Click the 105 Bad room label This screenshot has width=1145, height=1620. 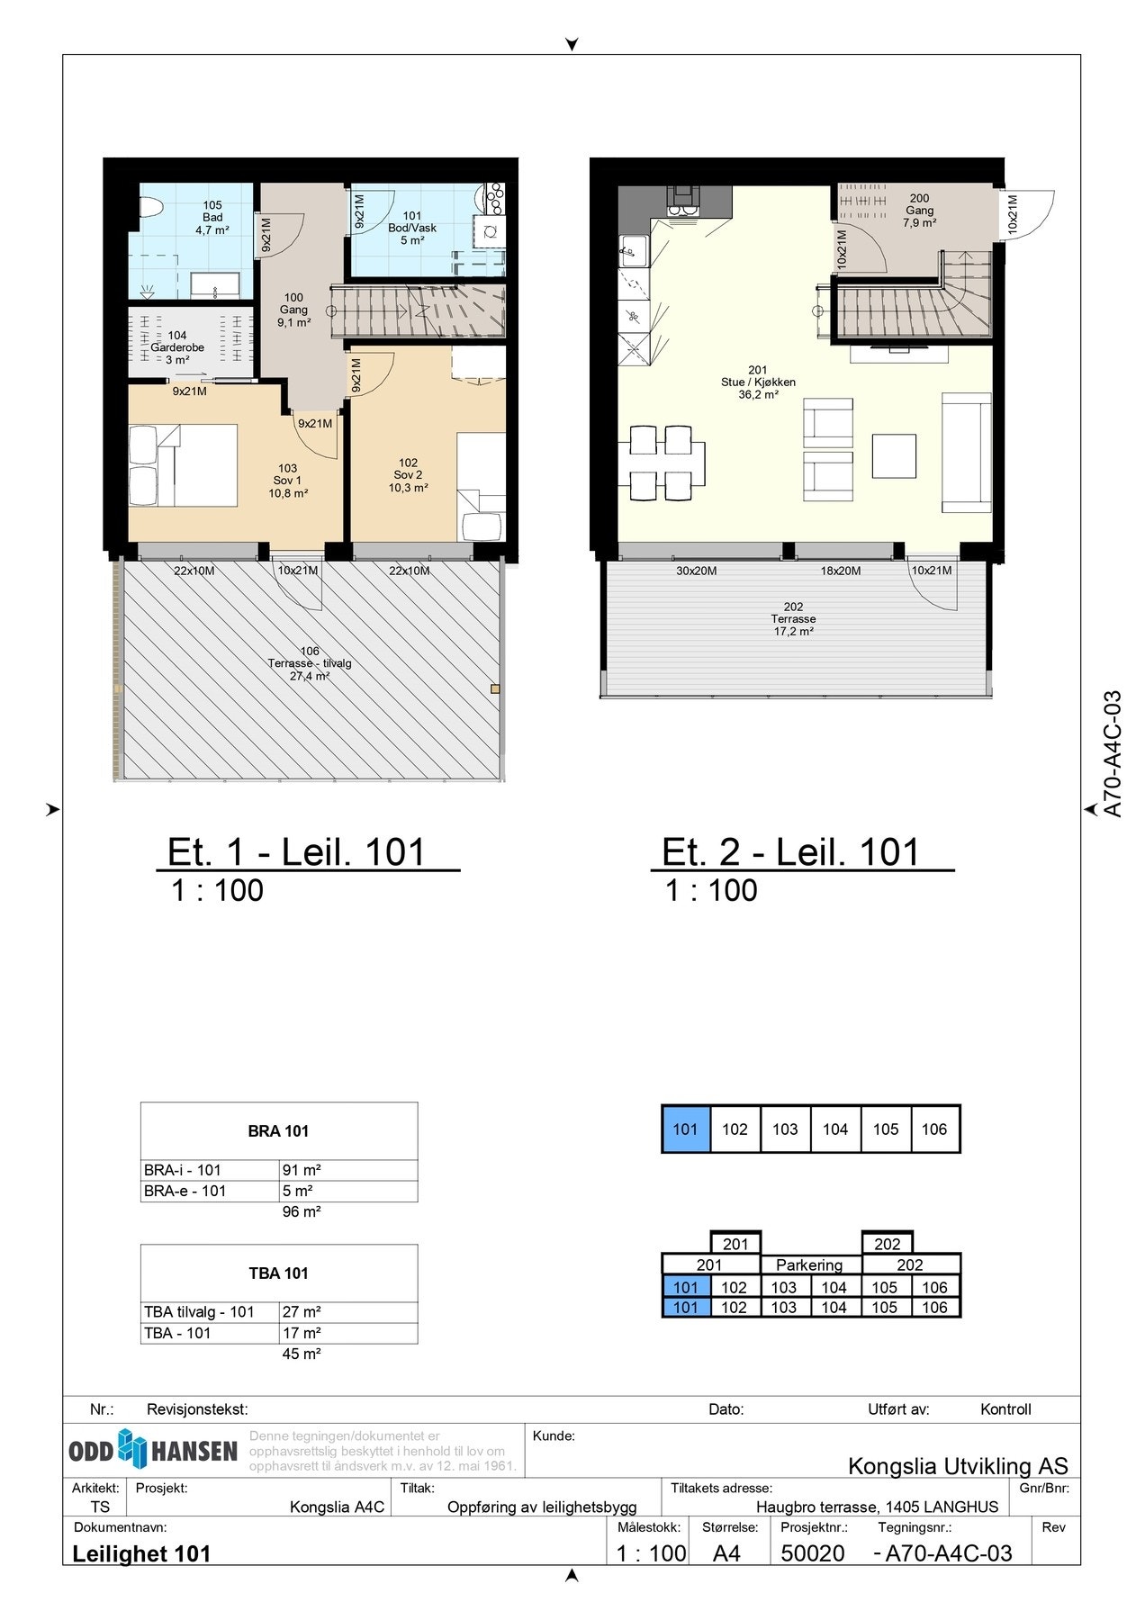pyautogui.click(x=212, y=218)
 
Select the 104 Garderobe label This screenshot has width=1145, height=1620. pyautogui.click(x=177, y=347)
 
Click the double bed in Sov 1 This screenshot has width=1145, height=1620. pyautogui.click(x=183, y=465)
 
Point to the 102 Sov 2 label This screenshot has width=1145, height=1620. pyautogui.click(x=408, y=475)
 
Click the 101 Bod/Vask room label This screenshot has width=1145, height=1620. pyautogui.click(x=412, y=228)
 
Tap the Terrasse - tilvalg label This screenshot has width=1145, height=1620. pyautogui.click(x=310, y=663)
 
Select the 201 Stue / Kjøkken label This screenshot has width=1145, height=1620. pyautogui.click(x=758, y=382)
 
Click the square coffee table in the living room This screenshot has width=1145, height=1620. pyautogui.click(x=894, y=455)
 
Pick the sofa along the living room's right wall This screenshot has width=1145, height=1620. pyautogui.click(x=967, y=453)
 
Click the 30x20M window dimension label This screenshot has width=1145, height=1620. pyautogui.click(x=697, y=571)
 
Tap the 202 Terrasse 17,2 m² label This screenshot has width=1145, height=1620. pyautogui.click(x=793, y=619)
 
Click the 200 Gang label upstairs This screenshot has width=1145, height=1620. pyautogui.click(x=919, y=211)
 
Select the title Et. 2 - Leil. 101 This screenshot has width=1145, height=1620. pyautogui.click(x=791, y=852)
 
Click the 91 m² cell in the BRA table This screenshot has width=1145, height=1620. pyautogui.click(x=302, y=1170)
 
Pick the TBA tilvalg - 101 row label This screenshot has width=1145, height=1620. pyautogui.click(x=199, y=1312)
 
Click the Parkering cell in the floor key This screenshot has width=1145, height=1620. pyautogui.click(x=809, y=1265)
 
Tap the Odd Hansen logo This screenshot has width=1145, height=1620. pyautogui.click(x=153, y=1450)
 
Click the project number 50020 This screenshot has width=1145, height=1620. pyautogui.click(x=813, y=1553)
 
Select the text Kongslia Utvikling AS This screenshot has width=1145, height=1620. pyautogui.click(x=958, y=1466)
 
